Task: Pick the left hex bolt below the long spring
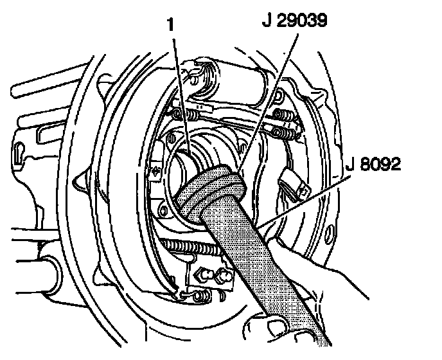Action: point(204,277)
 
